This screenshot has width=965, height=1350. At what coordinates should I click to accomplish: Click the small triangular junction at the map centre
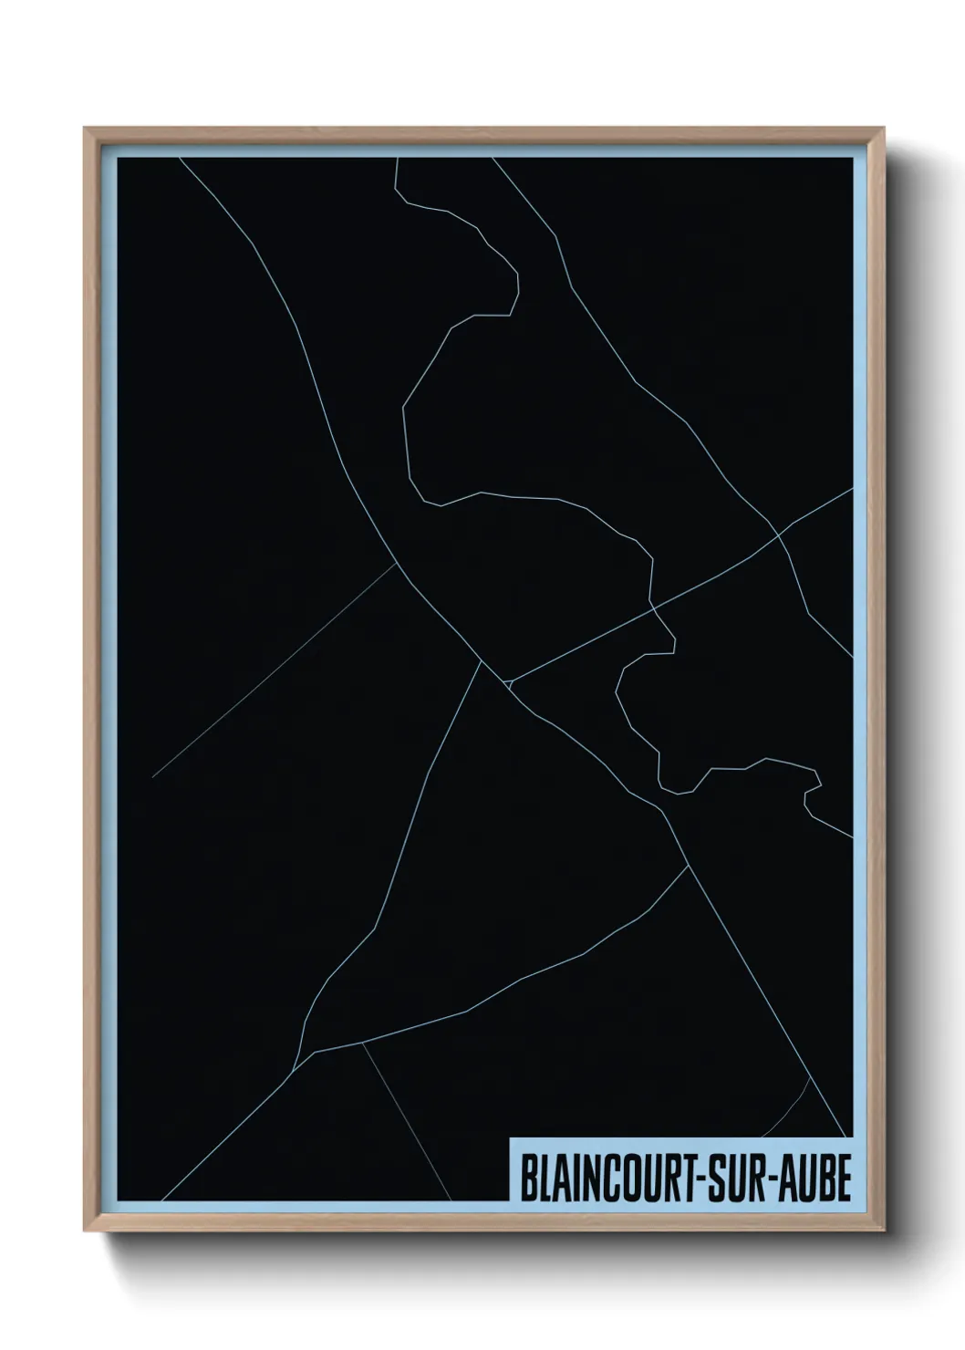coord(507,681)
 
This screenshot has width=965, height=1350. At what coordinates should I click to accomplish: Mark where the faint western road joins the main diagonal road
coord(398,563)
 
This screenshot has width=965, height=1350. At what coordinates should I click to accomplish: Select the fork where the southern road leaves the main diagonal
coord(481,660)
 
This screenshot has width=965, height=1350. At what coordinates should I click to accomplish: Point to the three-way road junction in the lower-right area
coord(688,865)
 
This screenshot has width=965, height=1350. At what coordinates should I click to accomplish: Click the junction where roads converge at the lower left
coord(313,1052)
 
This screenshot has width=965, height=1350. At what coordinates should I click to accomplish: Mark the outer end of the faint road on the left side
coord(153,777)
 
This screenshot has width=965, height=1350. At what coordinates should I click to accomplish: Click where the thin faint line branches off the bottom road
coord(363,1043)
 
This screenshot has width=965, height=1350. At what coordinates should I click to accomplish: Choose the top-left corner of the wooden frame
coord(86,129)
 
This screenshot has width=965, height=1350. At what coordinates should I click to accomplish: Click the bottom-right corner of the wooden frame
coord(884,1231)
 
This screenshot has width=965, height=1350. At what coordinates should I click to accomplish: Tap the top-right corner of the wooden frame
coord(884,129)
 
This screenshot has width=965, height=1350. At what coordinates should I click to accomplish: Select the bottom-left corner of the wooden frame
coord(86,1231)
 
